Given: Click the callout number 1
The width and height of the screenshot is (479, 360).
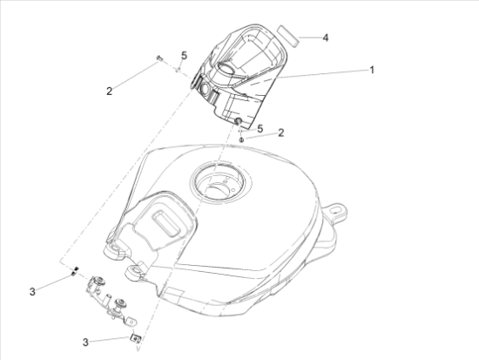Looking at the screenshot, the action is (x=372, y=70).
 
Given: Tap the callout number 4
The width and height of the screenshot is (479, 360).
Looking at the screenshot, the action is (x=326, y=38).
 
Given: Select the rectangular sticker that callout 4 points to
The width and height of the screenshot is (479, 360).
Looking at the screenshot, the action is (x=287, y=36).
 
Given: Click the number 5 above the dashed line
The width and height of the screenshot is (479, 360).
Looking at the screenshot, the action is (x=184, y=56).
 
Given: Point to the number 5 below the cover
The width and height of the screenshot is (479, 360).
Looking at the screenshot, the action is (x=260, y=129).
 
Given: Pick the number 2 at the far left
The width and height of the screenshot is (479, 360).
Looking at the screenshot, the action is (x=109, y=91).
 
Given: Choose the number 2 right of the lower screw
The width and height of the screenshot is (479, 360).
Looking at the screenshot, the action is (x=281, y=132).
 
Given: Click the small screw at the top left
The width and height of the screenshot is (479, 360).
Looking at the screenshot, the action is (x=159, y=58).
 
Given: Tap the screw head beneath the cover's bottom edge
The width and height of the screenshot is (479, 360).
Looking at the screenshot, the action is (x=241, y=139).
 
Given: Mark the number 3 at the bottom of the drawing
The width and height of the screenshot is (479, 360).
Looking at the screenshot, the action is (x=85, y=343).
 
